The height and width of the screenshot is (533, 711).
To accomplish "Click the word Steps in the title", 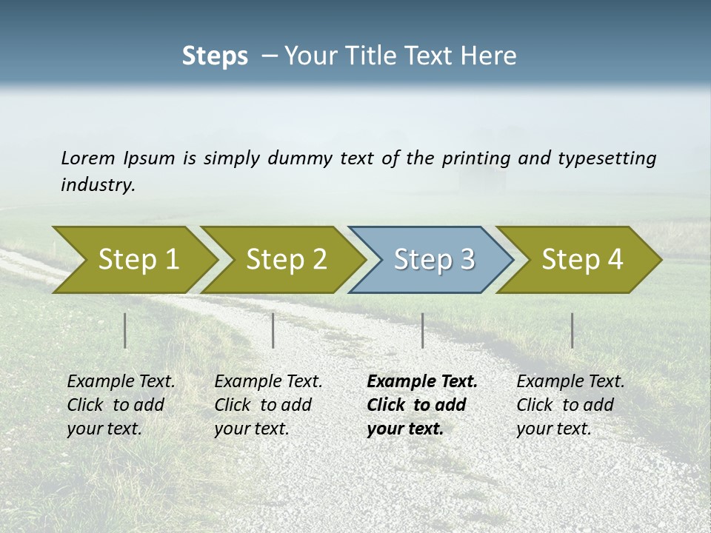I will pos(215,56).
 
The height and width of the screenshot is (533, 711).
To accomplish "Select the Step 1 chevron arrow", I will pos(133,259).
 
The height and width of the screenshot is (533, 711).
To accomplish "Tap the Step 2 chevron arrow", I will pos(281,259).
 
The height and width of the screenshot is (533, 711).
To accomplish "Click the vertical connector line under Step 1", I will pos(125,330).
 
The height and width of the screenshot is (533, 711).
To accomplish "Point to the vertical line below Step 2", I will pos(273,330).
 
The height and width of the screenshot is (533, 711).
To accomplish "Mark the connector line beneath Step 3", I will pos(422,330).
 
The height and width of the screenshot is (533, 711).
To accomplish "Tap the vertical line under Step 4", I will pos(572,330).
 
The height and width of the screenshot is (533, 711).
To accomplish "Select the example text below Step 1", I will pos(120,405).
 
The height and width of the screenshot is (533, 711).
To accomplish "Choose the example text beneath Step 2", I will pos(267,405).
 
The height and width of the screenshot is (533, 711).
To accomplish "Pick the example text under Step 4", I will pos(570,405).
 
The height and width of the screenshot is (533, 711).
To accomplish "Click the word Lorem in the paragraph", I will pos(88,158).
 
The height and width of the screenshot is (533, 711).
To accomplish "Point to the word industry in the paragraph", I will pos(98,184).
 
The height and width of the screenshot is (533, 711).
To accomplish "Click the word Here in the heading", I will pos(491,56).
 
